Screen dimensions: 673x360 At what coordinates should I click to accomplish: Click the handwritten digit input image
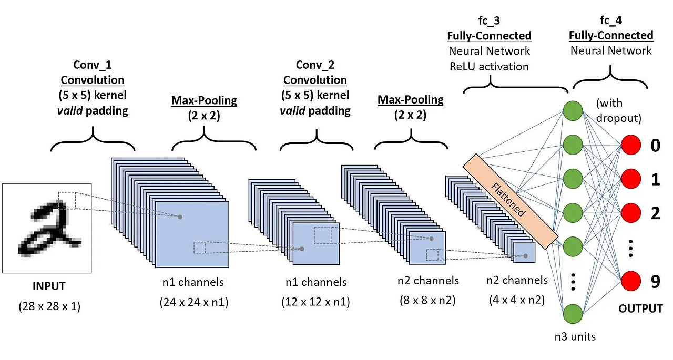point(47,228)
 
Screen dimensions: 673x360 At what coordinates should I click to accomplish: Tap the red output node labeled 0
point(631,145)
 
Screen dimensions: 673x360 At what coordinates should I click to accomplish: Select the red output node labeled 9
point(631,282)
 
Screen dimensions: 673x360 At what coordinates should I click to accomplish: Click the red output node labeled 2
point(631,213)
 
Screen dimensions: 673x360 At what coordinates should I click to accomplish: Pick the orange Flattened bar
point(510,201)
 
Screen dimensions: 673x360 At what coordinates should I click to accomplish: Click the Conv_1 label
point(93,65)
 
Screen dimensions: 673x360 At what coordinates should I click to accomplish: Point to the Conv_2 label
point(315,65)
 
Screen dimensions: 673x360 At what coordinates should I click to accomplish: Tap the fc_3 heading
point(489,21)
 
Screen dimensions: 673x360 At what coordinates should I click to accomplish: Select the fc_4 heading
point(611,21)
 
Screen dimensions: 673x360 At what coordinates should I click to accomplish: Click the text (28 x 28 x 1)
point(49,306)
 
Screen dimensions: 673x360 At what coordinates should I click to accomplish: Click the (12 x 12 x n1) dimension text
point(315,302)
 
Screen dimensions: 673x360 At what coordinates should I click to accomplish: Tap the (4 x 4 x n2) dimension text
point(517,301)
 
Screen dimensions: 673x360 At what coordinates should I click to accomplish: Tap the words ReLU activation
point(489,66)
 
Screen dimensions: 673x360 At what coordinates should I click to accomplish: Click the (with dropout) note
point(618,110)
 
